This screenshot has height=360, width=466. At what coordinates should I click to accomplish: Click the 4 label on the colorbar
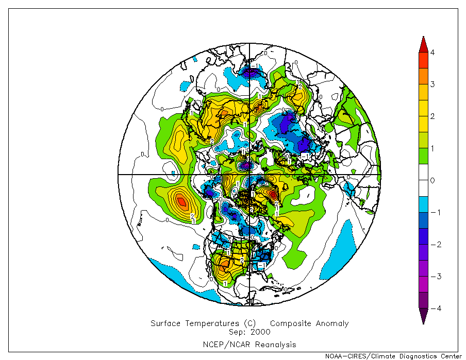tap(432, 53)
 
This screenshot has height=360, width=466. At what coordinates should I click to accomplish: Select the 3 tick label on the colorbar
tap(432, 84)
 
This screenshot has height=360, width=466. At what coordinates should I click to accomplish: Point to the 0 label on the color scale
tap(432, 180)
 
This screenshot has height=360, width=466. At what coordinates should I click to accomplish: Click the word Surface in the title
tap(165, 323)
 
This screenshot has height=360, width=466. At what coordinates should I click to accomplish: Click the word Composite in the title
tap(289, 323)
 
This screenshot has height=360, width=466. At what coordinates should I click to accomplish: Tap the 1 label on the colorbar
tap(432, 148)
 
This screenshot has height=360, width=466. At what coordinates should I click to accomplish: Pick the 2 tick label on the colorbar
tap(432, 116)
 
